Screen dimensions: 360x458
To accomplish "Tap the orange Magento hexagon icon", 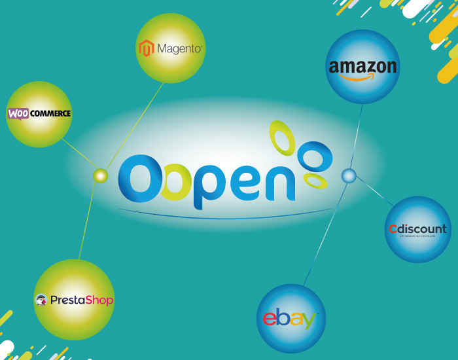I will point(146,48).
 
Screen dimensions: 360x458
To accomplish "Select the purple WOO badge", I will point(18,114).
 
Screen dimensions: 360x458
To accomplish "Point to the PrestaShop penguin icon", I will point(41,300).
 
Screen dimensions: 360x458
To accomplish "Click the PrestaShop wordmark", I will point(82,300).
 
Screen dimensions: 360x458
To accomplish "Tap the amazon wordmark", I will point(362,66).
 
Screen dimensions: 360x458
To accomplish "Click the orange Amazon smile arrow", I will point(362,77).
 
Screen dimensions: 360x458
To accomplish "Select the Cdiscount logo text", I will point(417,229).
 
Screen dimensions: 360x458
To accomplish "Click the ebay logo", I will point(291,319).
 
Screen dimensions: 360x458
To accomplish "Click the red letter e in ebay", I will point(269,319).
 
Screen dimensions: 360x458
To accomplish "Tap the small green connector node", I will point(100,175).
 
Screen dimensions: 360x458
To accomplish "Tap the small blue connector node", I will point(349,175).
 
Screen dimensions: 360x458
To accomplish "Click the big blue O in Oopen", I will point(138,179).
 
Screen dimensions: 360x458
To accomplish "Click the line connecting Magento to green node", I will point(135,124).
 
